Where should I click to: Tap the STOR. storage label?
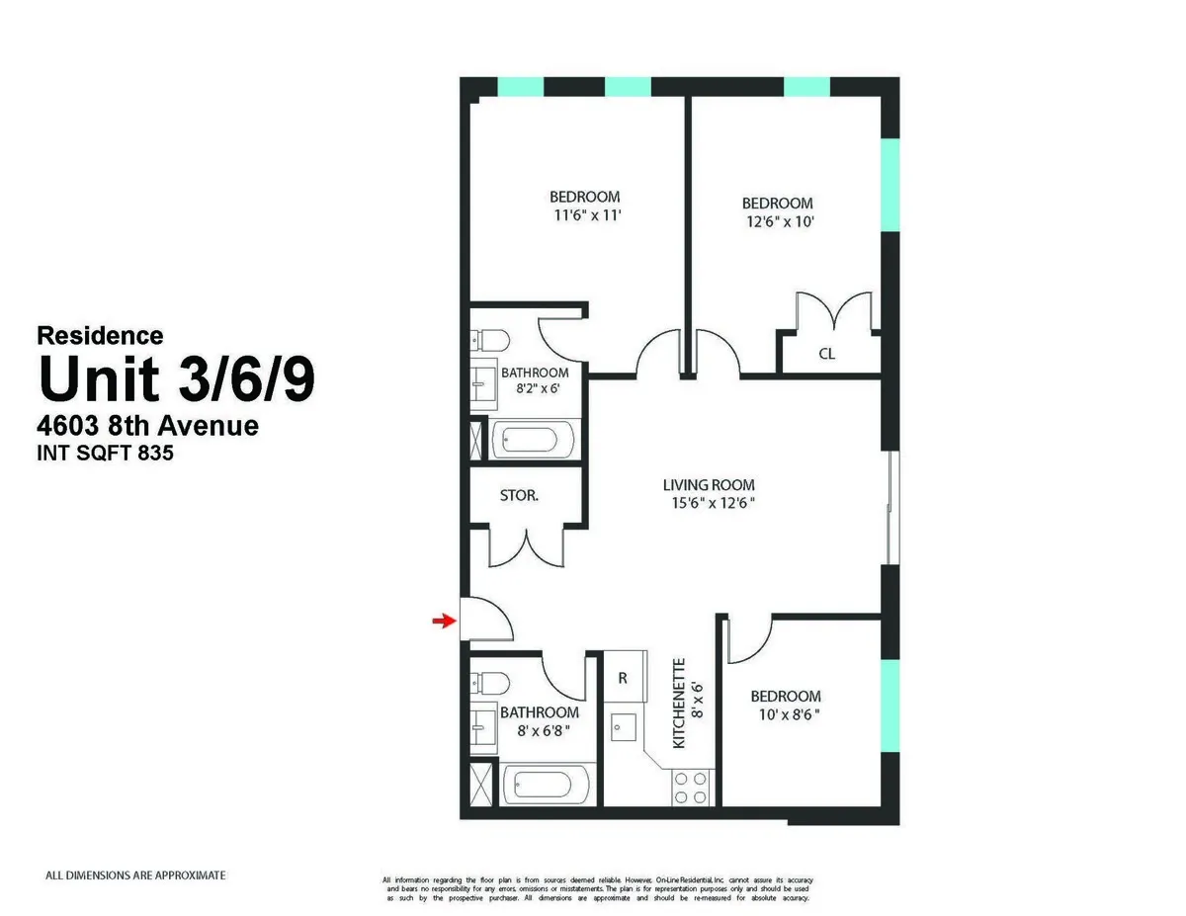pos(519,495)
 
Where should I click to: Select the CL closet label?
pos(827,353)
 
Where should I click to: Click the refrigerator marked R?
pos(623,678)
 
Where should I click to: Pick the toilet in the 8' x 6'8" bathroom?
pos(489,683)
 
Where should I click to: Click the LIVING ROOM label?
pos(709,485)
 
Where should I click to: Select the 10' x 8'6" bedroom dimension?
pos(785,714)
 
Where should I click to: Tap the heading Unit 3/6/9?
pos(176,379)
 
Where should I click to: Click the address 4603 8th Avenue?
pos(148,426)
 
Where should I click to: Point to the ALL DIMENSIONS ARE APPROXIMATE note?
pos(136,875)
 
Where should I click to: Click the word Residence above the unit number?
pos(100,336)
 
